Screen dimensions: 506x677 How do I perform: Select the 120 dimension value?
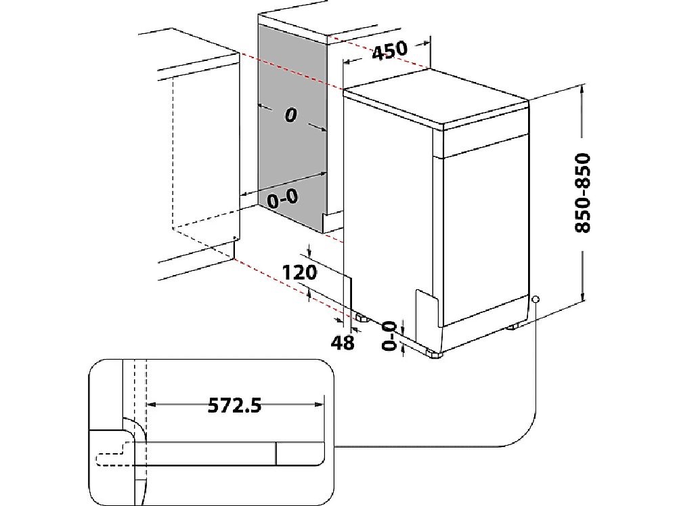(x=300, y=272)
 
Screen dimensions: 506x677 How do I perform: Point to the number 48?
(x=344, y=343)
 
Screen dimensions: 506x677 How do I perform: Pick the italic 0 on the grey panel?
(x=290, y=116)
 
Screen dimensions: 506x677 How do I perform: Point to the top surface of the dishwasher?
(x=433, y=102)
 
